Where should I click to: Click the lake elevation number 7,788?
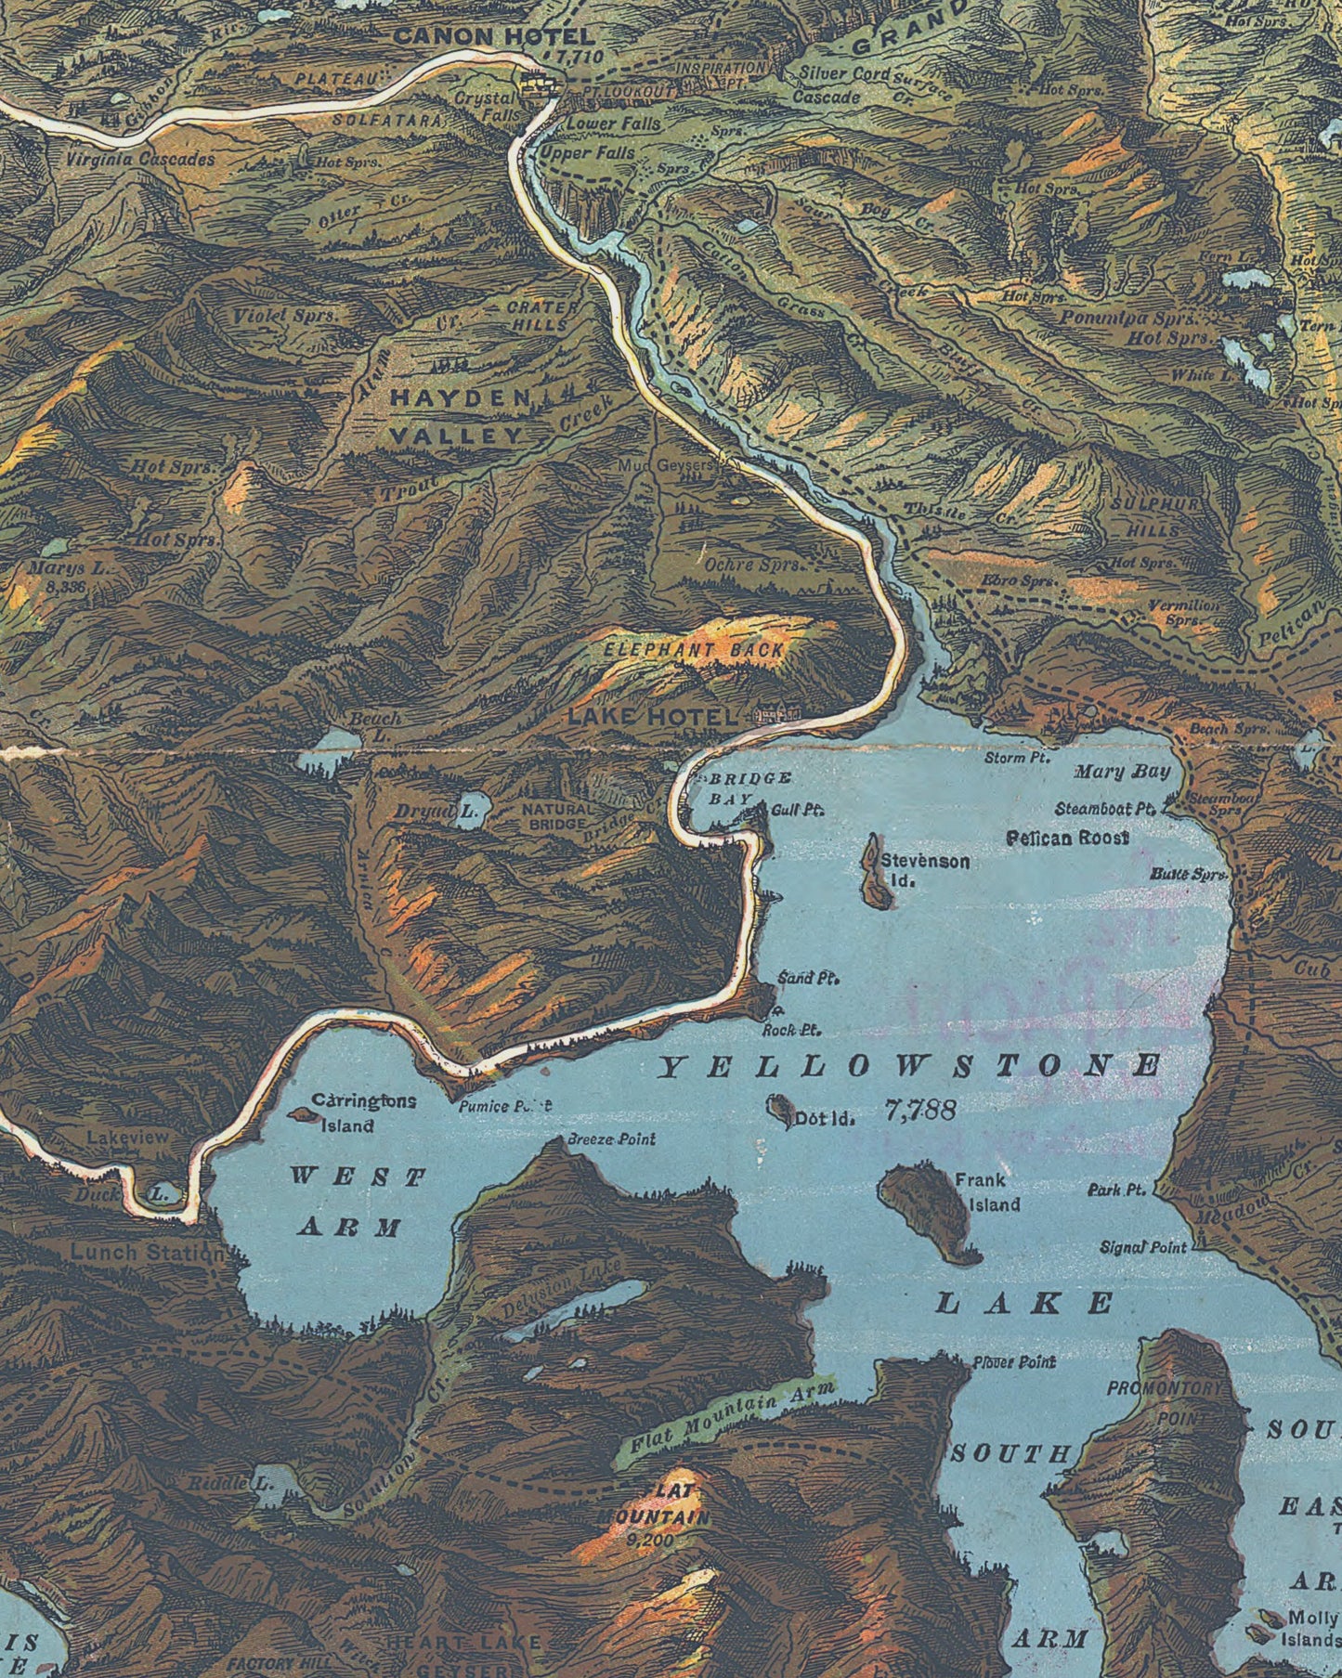tap(919, 1111)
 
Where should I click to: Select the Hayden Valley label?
tap(458, 416)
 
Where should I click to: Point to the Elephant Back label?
tap(695, 650)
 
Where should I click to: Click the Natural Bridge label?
tap(554, 816)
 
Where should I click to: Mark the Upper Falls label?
tap(588, 153)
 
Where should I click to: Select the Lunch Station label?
tap(147, 1253)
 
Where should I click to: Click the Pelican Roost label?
tap(1068, 838)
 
